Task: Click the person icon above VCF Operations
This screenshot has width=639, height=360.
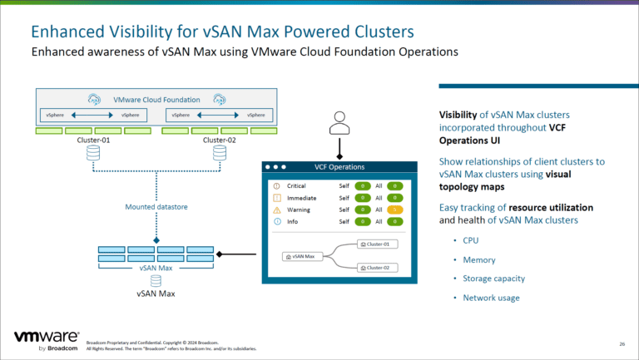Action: point(339,123)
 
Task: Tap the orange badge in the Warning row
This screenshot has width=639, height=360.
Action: point(395,210)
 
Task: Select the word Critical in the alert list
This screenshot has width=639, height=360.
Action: point(297,185)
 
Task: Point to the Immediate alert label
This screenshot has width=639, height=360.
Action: point(300,198)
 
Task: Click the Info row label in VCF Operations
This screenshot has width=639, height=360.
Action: point(293,222)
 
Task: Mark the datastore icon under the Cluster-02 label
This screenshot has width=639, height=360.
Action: point(217,155)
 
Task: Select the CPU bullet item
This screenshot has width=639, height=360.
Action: point(470,240)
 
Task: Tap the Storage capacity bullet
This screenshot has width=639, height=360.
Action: point(493,279)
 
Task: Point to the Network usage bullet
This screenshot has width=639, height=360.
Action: point(490,298)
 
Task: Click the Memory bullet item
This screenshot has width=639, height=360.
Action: point(478,259)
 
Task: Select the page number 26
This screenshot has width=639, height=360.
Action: point(622,343)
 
